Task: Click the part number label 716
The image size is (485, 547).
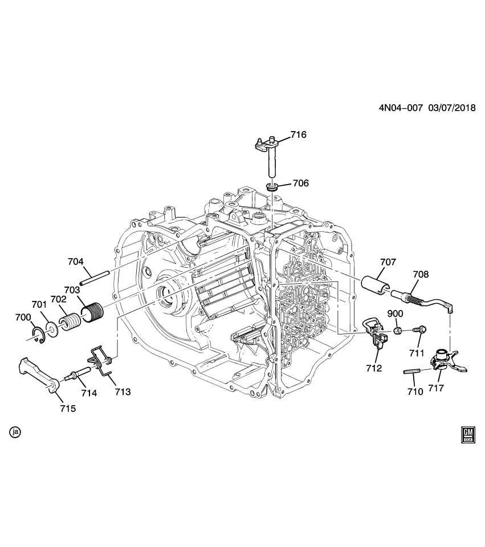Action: coord(298,135)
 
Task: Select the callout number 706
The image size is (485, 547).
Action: coord(300,183)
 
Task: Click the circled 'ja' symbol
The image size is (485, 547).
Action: coord(15,432)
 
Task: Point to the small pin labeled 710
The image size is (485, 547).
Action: coord(411,372)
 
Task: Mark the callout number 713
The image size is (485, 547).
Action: coord(123,391)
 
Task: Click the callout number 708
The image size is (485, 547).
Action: coord(421,274)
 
